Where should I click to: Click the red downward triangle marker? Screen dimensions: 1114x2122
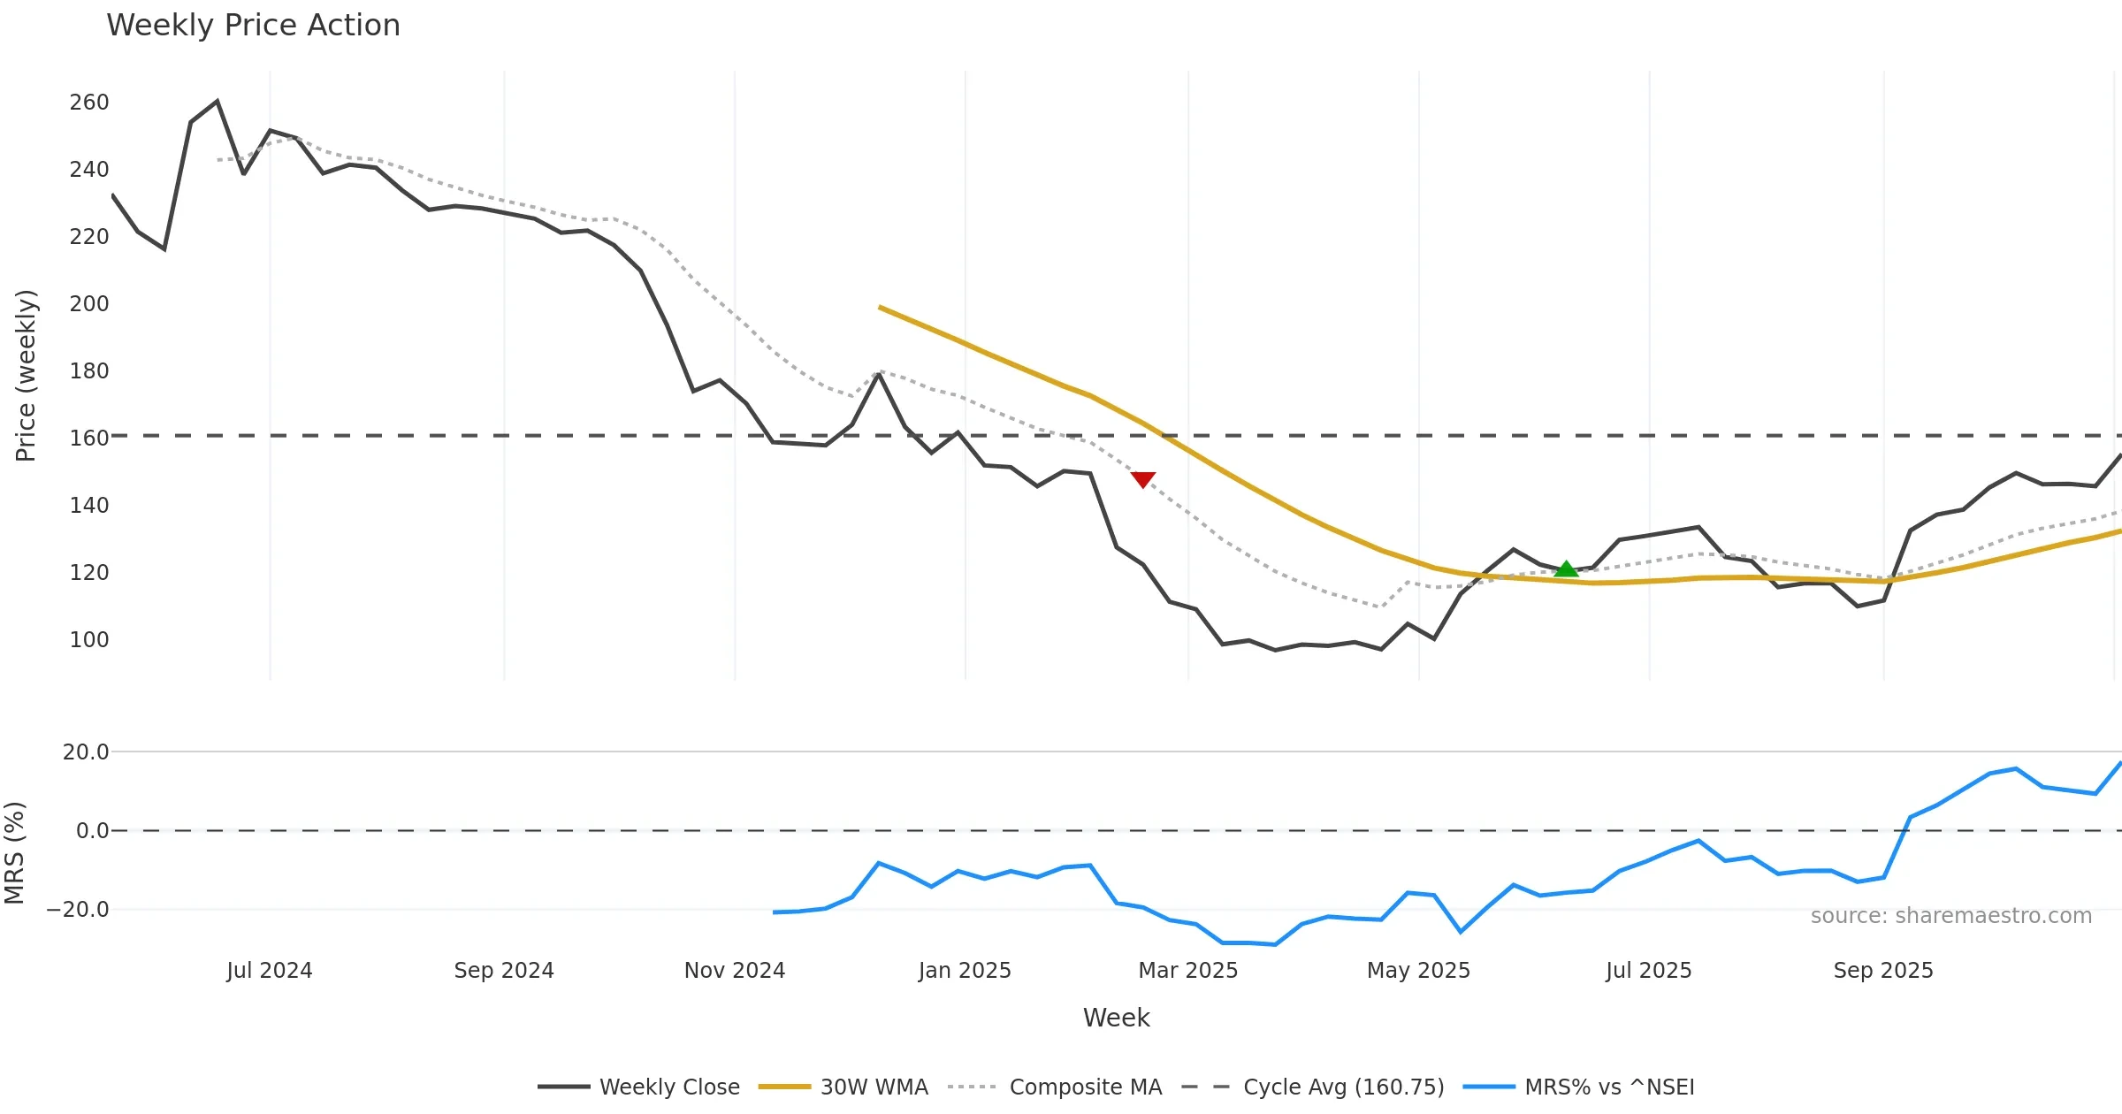click(1142, 479)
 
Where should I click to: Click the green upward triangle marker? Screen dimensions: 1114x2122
click(1566, 569)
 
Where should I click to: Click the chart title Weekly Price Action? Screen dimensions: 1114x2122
click(253, 26)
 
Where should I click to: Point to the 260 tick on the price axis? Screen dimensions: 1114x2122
click(89, 103)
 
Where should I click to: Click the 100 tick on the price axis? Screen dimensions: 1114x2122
click(89, 639)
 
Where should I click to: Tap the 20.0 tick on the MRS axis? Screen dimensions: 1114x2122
click(86, 752)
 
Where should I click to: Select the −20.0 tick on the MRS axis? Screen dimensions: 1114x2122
click(79, 909)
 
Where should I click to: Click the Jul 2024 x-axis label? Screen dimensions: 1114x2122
click(270, 971)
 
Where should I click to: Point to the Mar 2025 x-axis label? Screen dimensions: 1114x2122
click(1187, 971)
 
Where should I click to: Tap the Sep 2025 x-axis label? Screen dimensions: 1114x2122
click(1883, 971)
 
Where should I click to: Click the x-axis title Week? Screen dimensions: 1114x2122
click(1116, 1018)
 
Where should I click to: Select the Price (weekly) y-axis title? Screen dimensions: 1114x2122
click(26, 376)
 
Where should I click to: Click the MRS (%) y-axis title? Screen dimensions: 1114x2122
click(15, 853)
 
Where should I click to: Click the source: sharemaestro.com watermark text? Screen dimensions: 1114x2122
click(1950, 916)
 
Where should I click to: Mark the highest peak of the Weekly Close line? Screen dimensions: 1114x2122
click(218, 102)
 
